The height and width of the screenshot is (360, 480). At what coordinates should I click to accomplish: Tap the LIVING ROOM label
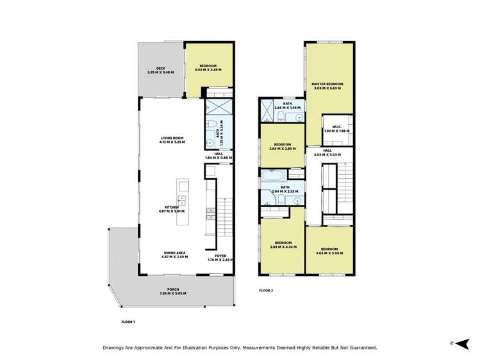[172, 140]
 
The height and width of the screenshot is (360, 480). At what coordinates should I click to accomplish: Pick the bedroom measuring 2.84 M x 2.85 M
[283, 146]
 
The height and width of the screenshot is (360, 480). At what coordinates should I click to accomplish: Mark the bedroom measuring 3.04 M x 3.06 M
[329, 250]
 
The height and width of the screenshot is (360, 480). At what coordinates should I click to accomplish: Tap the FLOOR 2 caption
[266, 290]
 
